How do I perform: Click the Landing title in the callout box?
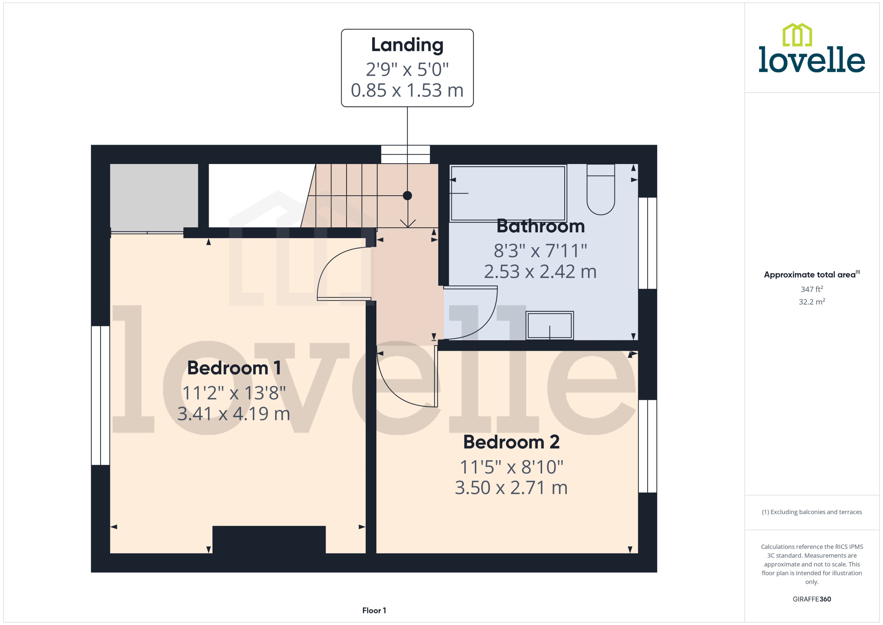407,45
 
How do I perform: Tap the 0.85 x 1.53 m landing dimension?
407,90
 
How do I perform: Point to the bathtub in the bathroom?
508,193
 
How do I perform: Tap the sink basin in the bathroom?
549,325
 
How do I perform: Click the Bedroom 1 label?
234,368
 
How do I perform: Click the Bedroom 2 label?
511,442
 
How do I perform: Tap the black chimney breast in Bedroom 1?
269,539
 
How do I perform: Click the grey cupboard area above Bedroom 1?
154,197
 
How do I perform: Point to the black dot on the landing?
407,196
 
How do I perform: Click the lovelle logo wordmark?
812,60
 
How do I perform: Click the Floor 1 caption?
374,610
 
